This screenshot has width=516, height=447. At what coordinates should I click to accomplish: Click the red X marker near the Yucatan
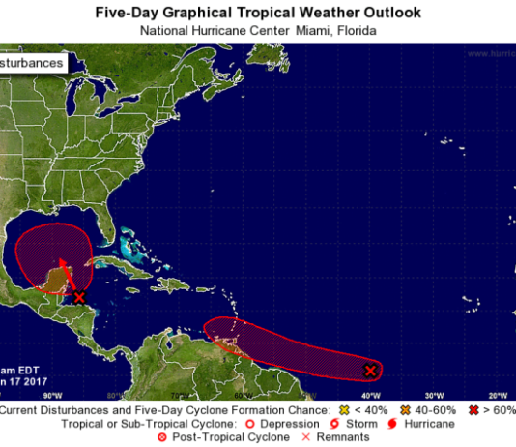pyautogui.click(x=79, y=297)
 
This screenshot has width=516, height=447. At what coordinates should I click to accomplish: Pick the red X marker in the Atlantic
pyautogui.click(x=370, y=371)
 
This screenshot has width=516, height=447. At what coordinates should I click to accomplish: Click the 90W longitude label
pyautogui.click(x=51, y=396)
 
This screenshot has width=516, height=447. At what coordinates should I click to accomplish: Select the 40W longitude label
pyautogui.click(x=370, y=396)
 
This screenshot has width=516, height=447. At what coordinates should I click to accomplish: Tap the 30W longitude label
pyautogui.click(x=434, y=396)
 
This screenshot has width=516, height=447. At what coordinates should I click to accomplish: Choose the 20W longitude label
pyautogui.click(x=498, y=396)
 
